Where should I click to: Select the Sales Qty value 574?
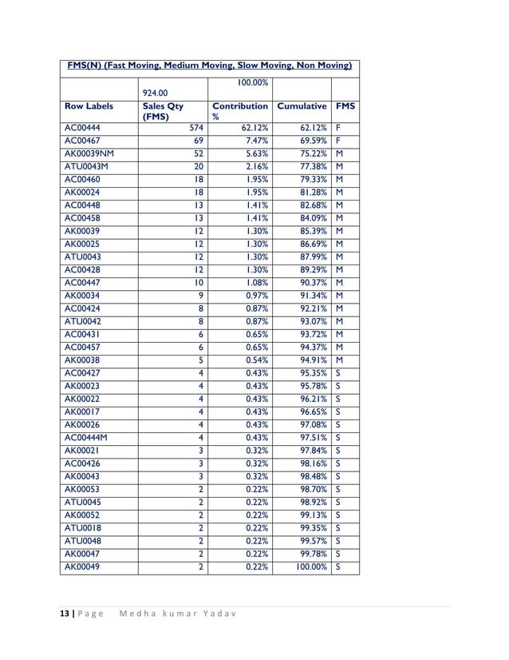(x=195, y=126)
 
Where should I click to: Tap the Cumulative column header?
(x=302, y=105)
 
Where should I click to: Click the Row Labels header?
(x=89, y=105)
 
